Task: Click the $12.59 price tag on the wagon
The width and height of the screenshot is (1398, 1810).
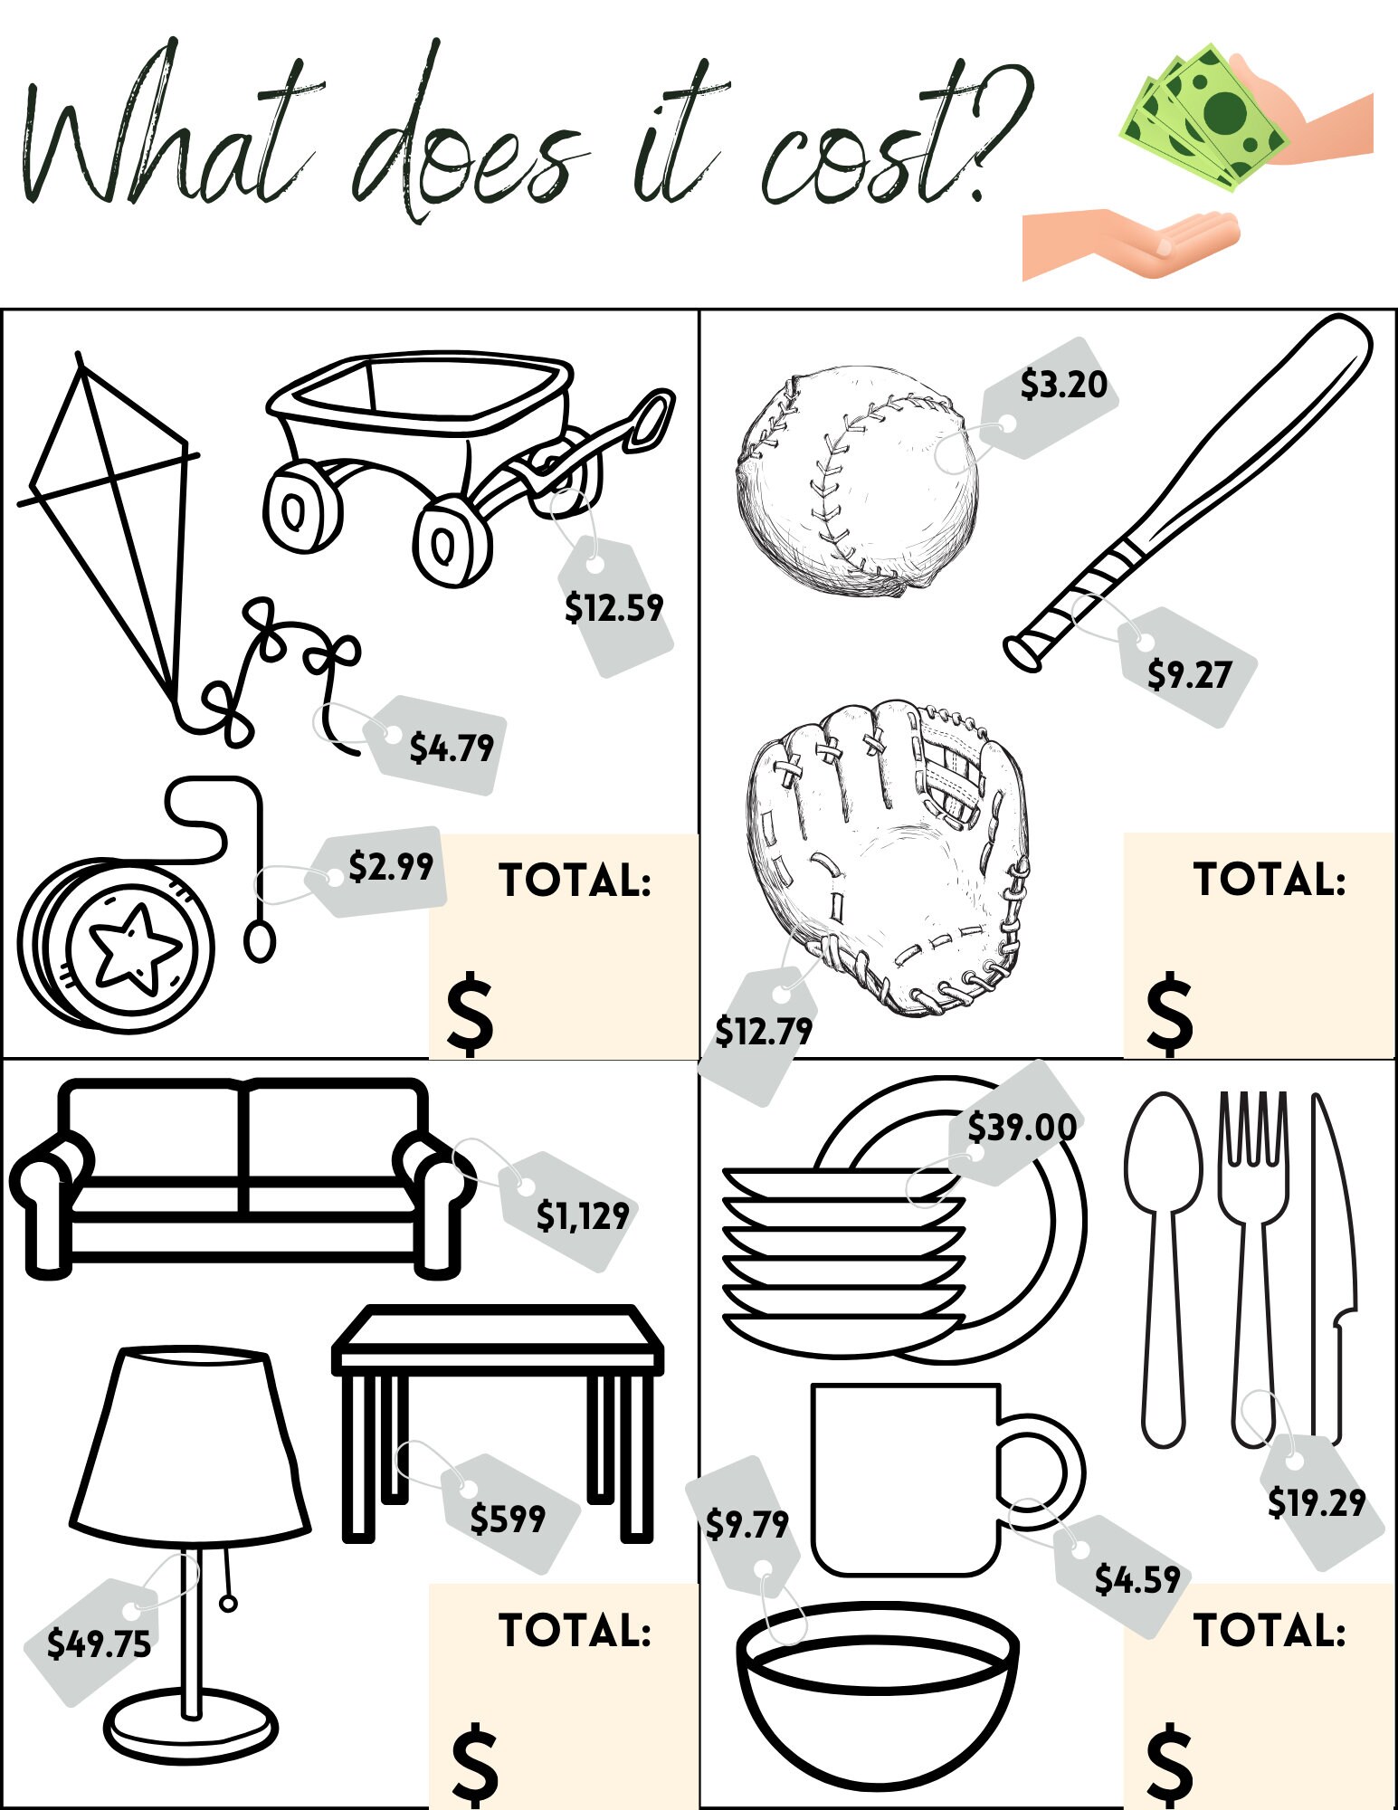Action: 614,607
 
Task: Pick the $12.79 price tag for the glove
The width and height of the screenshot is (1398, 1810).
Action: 763,1031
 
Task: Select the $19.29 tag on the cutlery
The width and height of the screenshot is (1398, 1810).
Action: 1316,1502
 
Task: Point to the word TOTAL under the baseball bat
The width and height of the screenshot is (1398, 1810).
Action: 1269,879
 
